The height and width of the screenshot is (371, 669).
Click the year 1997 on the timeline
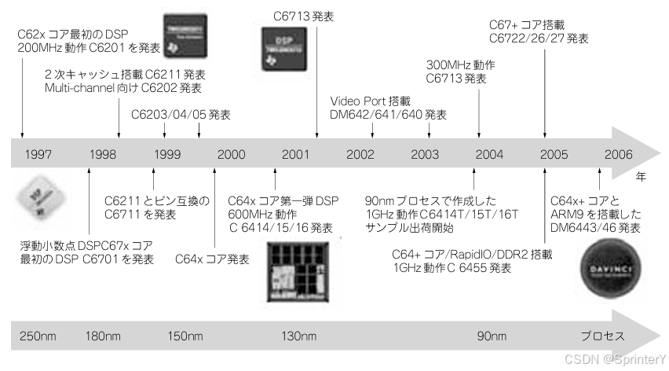point(38,154)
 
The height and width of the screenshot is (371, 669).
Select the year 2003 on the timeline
point(425,154)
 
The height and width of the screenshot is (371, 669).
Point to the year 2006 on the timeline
point(618,154)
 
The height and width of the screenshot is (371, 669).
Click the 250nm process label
point(38,336)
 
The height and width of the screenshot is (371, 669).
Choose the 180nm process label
point(103,336)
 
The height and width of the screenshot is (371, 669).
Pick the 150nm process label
point(187,336)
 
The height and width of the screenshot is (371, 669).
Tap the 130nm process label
point(298,336)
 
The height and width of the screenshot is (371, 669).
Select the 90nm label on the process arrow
point(492,336)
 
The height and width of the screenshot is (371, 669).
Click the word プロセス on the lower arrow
point(602,336)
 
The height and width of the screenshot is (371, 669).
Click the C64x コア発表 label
point(212,258)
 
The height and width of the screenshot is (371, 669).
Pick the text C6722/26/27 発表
point(539,38)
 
